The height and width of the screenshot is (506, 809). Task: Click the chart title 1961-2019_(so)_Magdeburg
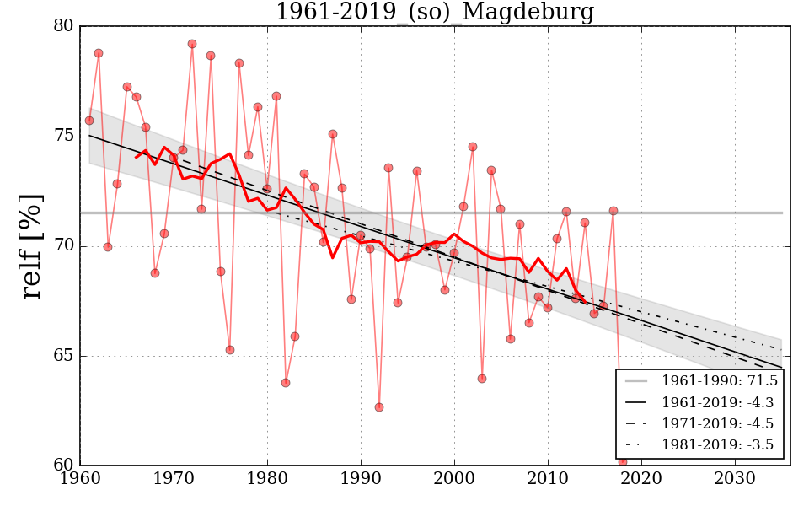tap(435, 13)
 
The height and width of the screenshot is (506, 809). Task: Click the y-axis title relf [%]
tap(31, 245)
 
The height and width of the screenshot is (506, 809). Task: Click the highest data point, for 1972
tap(192, 44)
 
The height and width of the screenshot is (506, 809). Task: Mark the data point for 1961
tap(89, 121)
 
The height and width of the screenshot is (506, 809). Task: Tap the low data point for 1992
tap(379, 407)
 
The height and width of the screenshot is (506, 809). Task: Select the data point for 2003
tap(482, 379)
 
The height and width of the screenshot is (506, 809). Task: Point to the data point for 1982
tap(286, 383)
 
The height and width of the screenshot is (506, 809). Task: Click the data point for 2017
tap(613, 211)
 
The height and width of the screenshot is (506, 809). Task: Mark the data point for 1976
tap(230, 350)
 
